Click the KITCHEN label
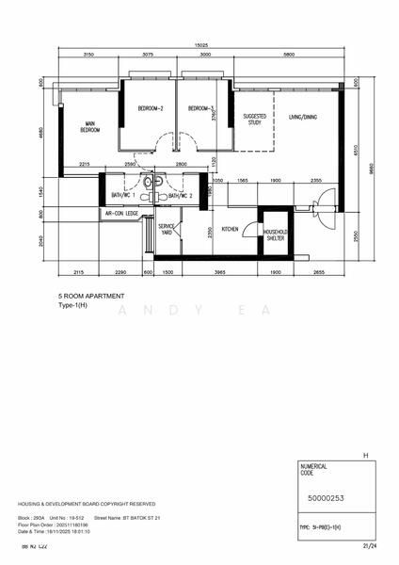point(230,229)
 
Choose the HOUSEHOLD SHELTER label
point(276,234)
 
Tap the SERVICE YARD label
point(166,230)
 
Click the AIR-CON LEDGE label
point(120,214)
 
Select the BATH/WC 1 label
point(123,195)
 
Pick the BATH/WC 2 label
point(181,195)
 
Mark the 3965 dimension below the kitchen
point(218,272)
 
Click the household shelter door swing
point(249,230)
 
